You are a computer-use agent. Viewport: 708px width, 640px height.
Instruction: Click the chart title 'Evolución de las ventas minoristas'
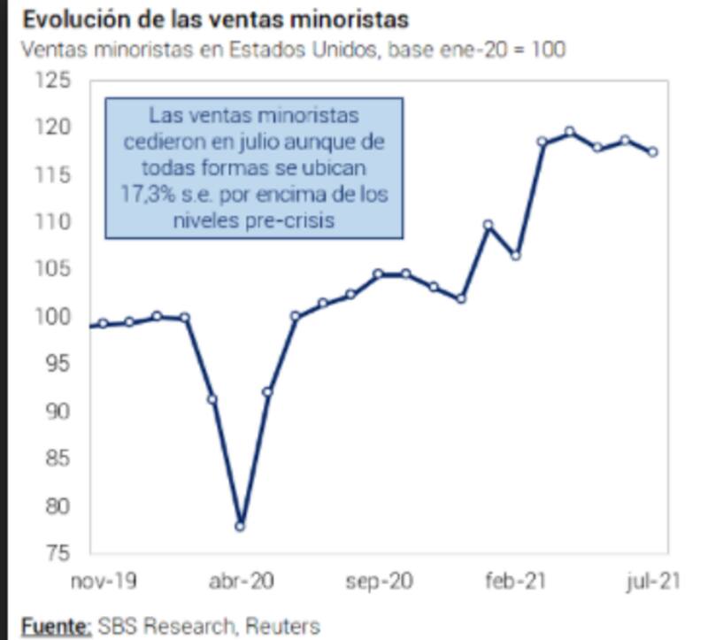[x=216, y=19]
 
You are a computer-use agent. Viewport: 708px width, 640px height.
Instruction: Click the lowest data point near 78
[x=240, y=527]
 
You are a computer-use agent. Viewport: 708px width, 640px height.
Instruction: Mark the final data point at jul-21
[x=652, y=152]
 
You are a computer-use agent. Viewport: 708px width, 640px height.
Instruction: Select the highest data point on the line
[x=570, y=132]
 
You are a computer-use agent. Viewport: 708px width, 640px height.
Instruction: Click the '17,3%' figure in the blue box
[x=142, y=194]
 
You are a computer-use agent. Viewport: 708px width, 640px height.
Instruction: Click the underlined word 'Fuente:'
[x=56, y=627]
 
